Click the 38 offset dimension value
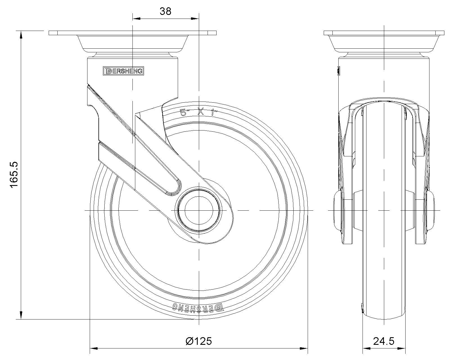tap(165, 11)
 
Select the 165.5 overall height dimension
tap(14, 175)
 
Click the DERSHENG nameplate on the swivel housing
tap(123, 71)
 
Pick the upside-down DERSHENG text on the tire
tap(198, 307)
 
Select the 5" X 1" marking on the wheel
tap(199, 112)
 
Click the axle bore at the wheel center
tap(199, 210)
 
